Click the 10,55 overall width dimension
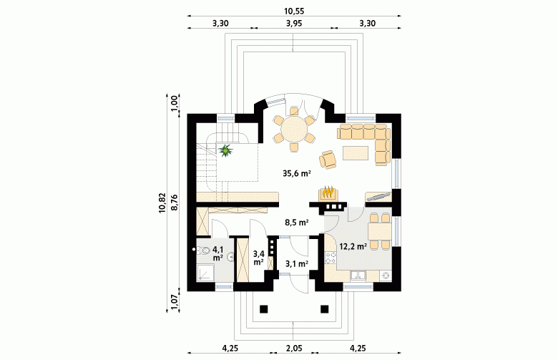point(294,11)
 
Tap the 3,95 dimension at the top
point(294,24)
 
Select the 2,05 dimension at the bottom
point(294,348)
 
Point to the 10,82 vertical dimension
point(162,203)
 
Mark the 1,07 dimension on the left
point(175,302)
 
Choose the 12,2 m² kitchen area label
point(353,246)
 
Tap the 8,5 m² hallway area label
point(296,223)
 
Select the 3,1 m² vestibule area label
point(296,264)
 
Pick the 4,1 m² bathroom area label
point(217,253)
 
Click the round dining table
point(294,130)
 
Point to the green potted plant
point(225,150)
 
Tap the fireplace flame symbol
point(328,193)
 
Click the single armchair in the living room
point(328,159)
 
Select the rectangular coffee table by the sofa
point(356,152)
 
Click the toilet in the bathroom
point(203,250)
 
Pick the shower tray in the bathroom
point(205,273)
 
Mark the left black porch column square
point(263,308)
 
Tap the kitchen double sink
point(358,276)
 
